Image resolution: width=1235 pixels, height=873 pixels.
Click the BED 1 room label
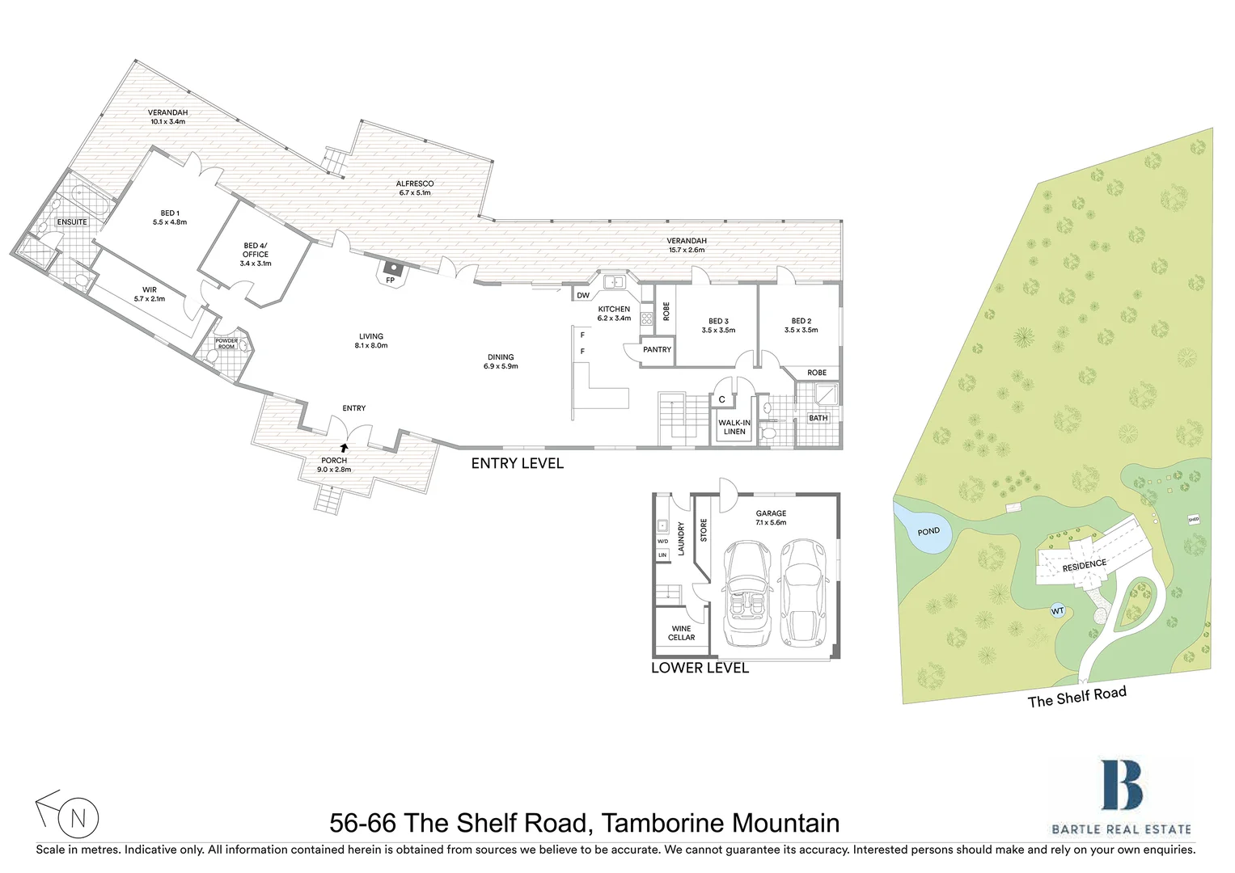pyautogui.click(x=170, y=217)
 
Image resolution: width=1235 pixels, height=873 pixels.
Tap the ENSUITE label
pyautogui.click(x=72, y=221)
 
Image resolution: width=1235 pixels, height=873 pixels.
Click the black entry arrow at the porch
pyautogui.click(x=344, y=446)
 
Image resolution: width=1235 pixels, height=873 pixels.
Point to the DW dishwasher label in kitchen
pyautogui.click(x=583, y=295)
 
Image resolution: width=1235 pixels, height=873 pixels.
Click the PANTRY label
pyautogui.click(x=657, y=349)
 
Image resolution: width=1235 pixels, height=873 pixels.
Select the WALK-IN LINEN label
pyautogui.click(x=734, y=427)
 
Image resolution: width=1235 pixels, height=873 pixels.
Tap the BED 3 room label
pyautogui.click(x=718, y=325)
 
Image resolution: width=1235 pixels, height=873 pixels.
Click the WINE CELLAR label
pyautogui.click(x=681, y=633)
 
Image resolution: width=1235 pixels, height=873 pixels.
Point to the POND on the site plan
pyautogui.click(x=928, y=531)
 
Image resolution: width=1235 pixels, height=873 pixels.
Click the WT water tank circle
pyautogui.click(x=1057, y=611)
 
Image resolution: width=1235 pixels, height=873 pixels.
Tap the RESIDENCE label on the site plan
pyautogui.click(x=1084, y=564)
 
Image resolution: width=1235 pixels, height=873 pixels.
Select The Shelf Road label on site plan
pyautogui.click(x=1076, y=697)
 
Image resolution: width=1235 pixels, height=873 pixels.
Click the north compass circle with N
pyautogui.click(x=78, y=818)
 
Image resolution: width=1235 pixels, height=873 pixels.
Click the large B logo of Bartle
pyautogui.click(x=1121, y=785)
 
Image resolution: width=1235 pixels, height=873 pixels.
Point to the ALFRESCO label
pyautogui.click(x=415, y=188)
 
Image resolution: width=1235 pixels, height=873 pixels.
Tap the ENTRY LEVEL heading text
pyautogui.click(x=517, y=463)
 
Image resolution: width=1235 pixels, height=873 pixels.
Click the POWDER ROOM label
pyautogui.click(x=226, y=344)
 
